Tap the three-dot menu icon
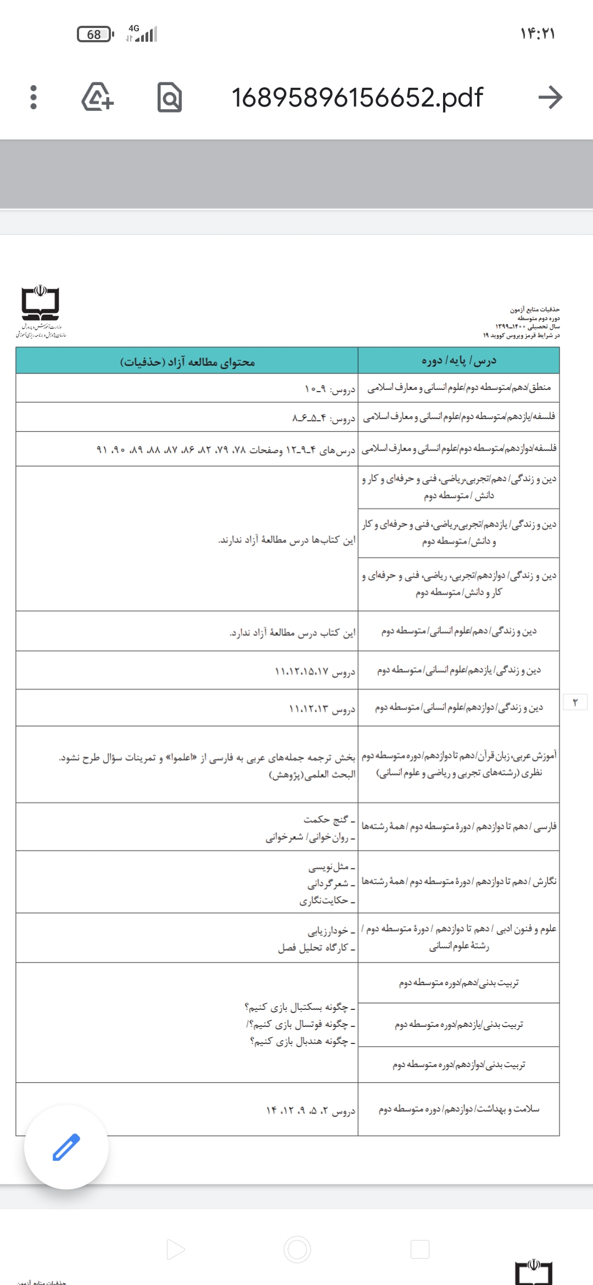[x=33, y=97]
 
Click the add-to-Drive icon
[x=98, y=97]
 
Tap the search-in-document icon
[x=169, y=98]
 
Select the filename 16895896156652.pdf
[x=357, y=98]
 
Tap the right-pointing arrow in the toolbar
[x=550, y=98]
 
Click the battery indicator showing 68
[x=95, y=35]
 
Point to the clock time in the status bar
[x=538, y=34]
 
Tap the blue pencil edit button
[x=66, y=1147]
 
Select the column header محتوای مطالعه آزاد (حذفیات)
[x=187, y=362]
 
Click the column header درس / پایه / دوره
[x=458, y=361]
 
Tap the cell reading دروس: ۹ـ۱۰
[x=330, y=389]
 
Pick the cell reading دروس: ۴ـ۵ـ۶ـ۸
[x=323, y=418]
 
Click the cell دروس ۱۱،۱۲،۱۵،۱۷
[x=315, y=672]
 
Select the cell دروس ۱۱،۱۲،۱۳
[x=322, y=709]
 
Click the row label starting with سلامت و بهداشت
[x=458, y=1109]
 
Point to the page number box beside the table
[x=575, y=702]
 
